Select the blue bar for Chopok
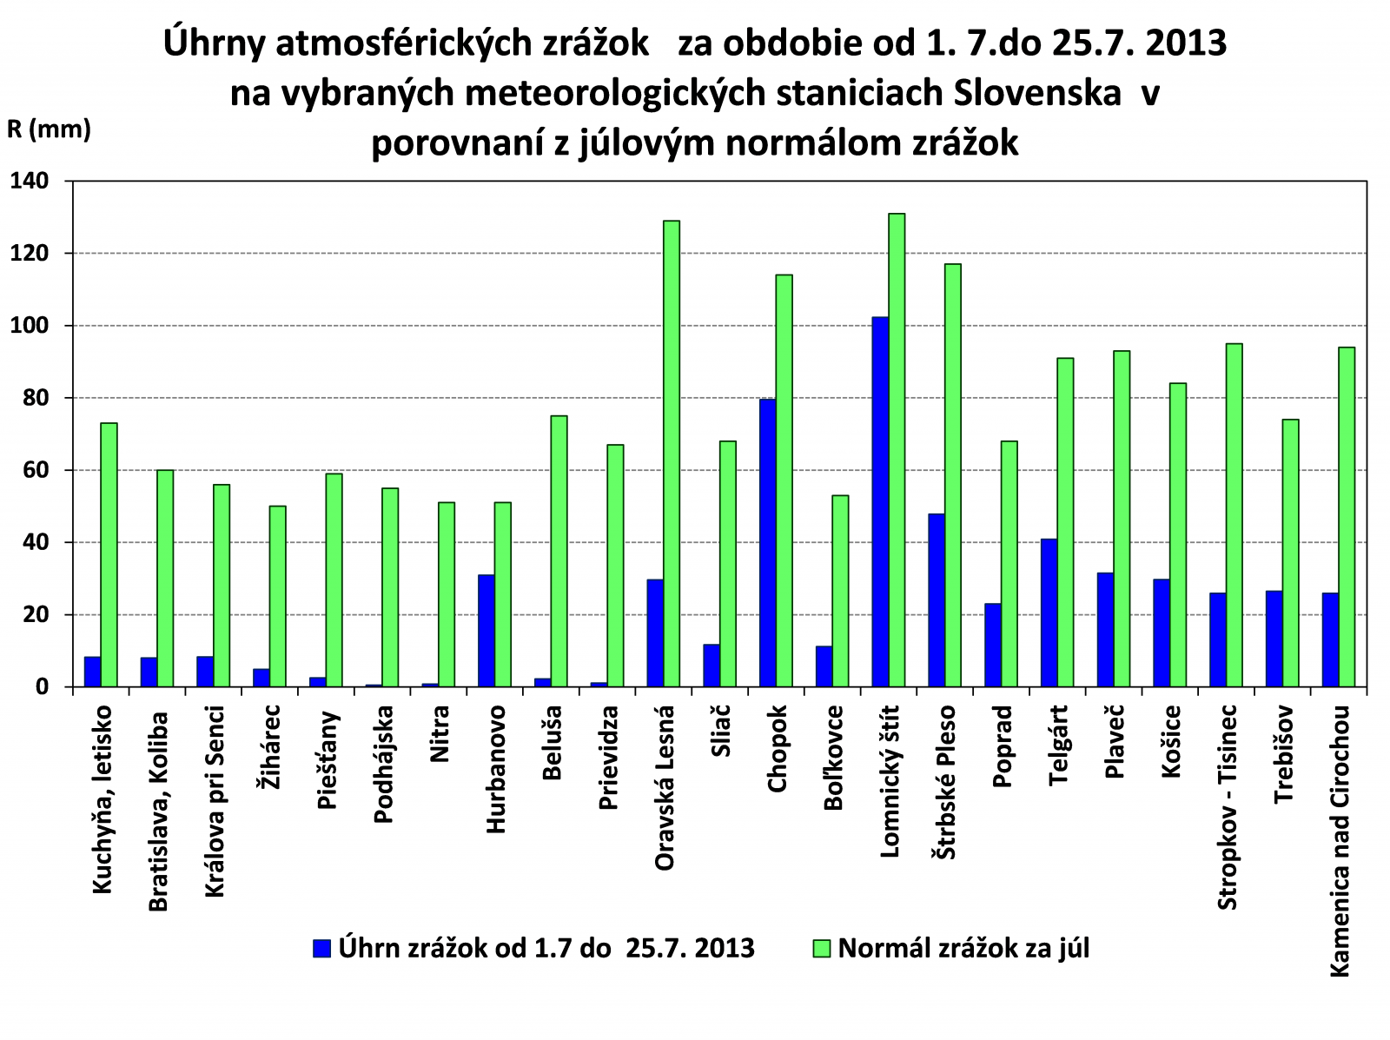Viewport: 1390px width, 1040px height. coord(767,543)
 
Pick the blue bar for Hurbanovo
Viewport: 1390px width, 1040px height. coord(486,631)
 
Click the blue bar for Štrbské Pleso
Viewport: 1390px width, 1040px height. coord(936,600)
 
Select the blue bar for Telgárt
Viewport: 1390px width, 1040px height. coord(1049,613)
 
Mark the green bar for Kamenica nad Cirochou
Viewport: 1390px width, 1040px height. coord(1347,517)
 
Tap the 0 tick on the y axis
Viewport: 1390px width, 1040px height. coord(43,687)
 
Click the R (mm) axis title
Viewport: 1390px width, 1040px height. coord(49,129)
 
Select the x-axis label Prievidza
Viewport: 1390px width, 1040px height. coord(609,758)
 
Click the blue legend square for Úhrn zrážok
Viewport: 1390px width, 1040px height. coord(322,948)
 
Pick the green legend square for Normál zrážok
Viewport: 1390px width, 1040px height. coord(821,948)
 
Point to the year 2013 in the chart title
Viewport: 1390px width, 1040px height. coord(1185,43)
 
